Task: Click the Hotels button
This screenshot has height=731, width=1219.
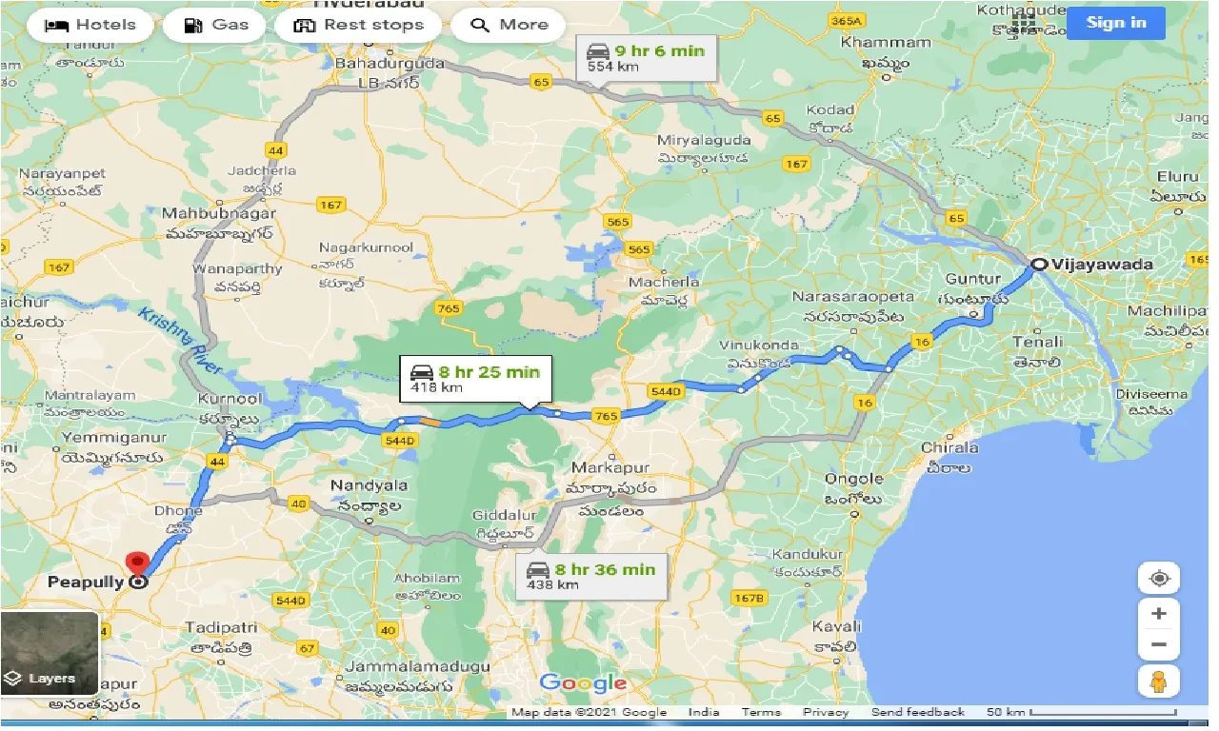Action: point(90,25)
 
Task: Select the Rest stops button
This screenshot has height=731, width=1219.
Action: point(358,25)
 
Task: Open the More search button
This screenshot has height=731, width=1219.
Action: point(508,25)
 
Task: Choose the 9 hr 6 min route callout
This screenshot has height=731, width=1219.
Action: point(646,57)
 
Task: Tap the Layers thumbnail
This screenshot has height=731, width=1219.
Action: point(50,653)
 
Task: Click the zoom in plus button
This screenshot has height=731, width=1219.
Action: point(1158,614)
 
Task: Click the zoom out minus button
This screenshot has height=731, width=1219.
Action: point(1158,644)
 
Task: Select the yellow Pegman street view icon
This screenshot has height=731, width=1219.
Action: point(1158,681)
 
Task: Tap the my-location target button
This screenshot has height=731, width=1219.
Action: point(1158,578)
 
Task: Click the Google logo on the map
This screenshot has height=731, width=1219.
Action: point(583,682)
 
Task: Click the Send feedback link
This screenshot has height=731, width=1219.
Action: point(917,712)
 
